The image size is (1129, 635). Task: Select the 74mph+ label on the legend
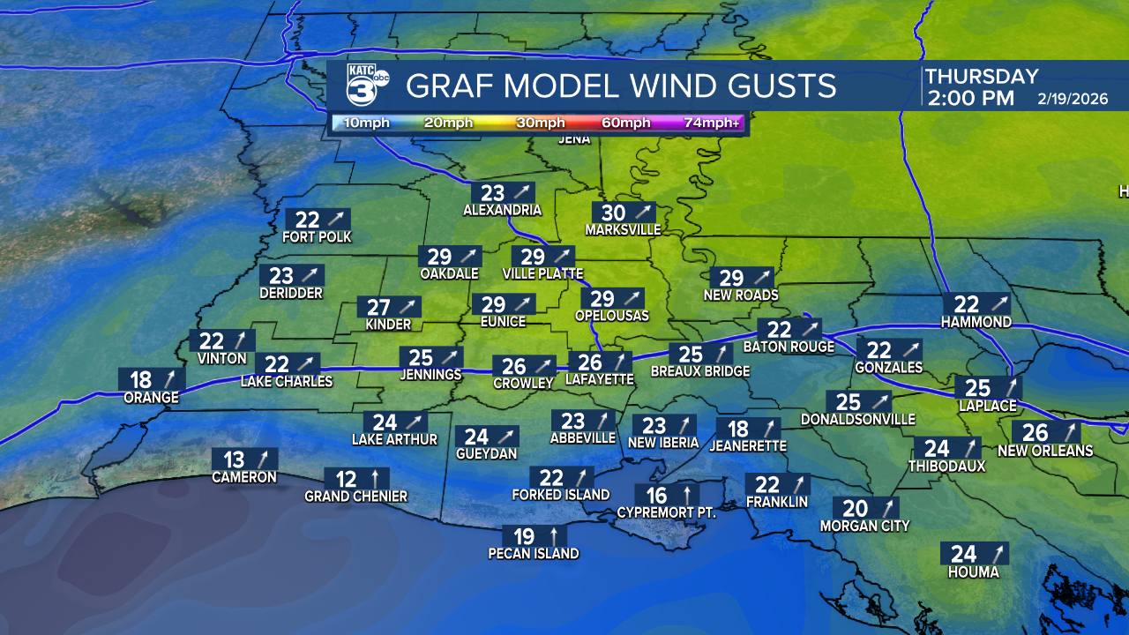[712, 123]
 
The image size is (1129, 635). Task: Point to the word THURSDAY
[982, 77]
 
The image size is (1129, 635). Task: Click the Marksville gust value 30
[613, 213]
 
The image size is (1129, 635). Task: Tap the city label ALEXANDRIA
[502, 211]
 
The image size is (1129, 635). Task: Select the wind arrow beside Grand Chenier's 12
[375, 479]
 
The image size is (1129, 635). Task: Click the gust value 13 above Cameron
[234, 459]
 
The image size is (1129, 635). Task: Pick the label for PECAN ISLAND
[534, 554]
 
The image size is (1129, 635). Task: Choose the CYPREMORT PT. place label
[666, 512]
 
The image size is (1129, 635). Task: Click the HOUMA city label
[974, 572]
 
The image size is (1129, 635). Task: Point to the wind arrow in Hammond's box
[995, 304]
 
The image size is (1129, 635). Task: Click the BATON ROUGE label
[789, 347]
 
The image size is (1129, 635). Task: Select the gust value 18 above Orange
[141, 380]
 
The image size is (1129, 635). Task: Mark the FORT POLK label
[317, 237]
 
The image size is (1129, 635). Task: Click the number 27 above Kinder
[378, 308]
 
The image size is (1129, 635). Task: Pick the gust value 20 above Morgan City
[856, 508]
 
